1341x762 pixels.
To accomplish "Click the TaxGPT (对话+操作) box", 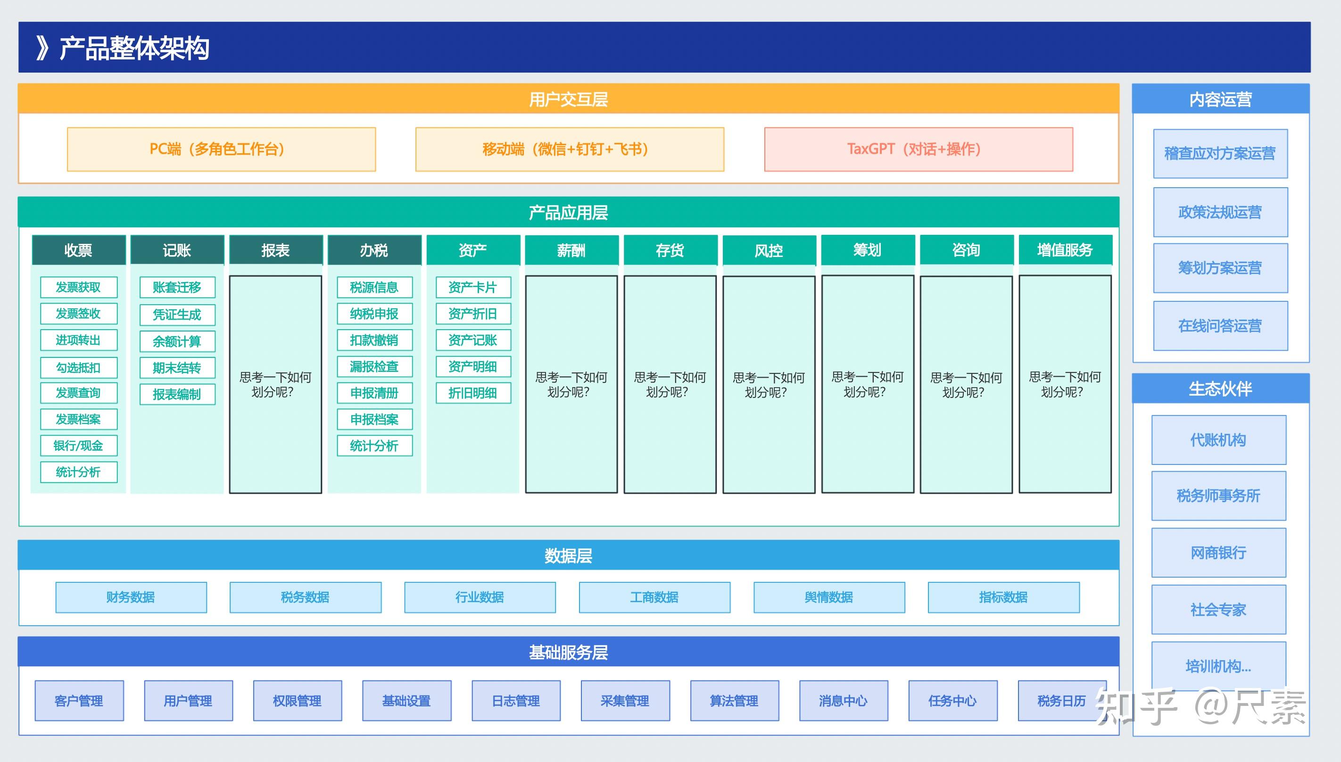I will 918,149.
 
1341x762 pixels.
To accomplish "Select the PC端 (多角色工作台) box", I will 221,149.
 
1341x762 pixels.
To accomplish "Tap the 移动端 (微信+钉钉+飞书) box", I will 569,149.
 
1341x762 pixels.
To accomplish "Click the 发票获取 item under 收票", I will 78,287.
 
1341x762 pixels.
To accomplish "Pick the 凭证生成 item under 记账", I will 177,315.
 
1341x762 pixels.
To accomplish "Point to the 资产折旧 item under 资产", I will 473,314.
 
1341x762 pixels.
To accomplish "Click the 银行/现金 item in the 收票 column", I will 78,446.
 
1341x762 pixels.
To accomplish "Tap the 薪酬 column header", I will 571,250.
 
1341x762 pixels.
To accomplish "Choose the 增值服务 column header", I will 1065,250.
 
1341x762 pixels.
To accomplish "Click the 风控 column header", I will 769,251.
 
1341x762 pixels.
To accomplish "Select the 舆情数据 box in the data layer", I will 829,597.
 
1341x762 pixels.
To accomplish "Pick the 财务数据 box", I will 131,597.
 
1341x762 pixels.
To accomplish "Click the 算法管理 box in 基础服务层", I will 734,701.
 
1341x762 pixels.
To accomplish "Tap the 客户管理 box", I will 79,701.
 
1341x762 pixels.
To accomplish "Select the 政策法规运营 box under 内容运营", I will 1220,212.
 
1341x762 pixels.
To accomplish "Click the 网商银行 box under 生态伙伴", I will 1218,552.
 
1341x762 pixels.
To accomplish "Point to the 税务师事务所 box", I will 1218,495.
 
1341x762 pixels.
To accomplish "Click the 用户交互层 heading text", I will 568,99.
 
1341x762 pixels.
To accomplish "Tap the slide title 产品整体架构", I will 134,48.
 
